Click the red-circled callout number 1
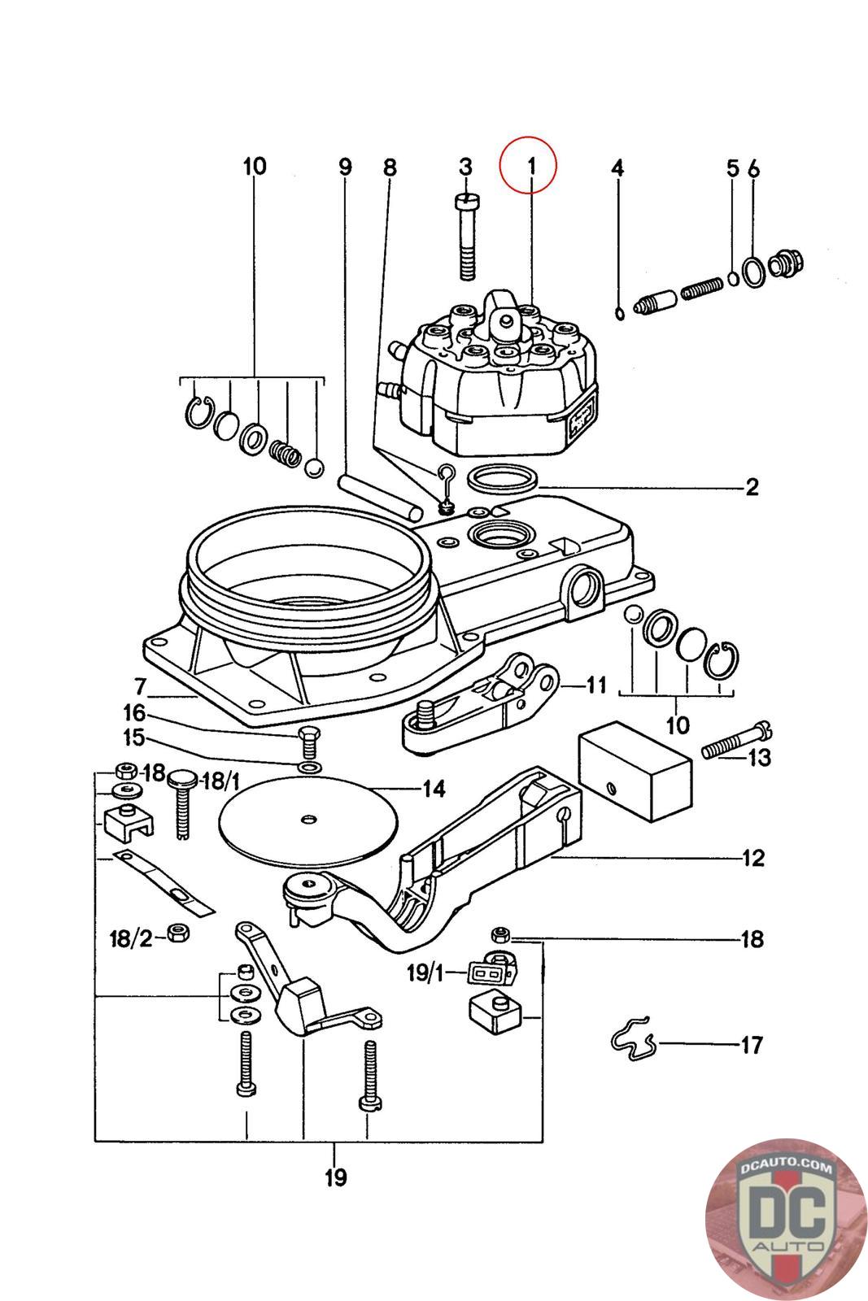click(530, 166)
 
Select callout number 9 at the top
click(346, 168)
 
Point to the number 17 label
click(752, 1044)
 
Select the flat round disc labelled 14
click(307, 819)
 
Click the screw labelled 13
click(734, 741)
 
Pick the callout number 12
click(752, 858)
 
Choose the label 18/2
click(131, 939)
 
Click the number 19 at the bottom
click(335, 1177)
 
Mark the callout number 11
click(595, 685)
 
